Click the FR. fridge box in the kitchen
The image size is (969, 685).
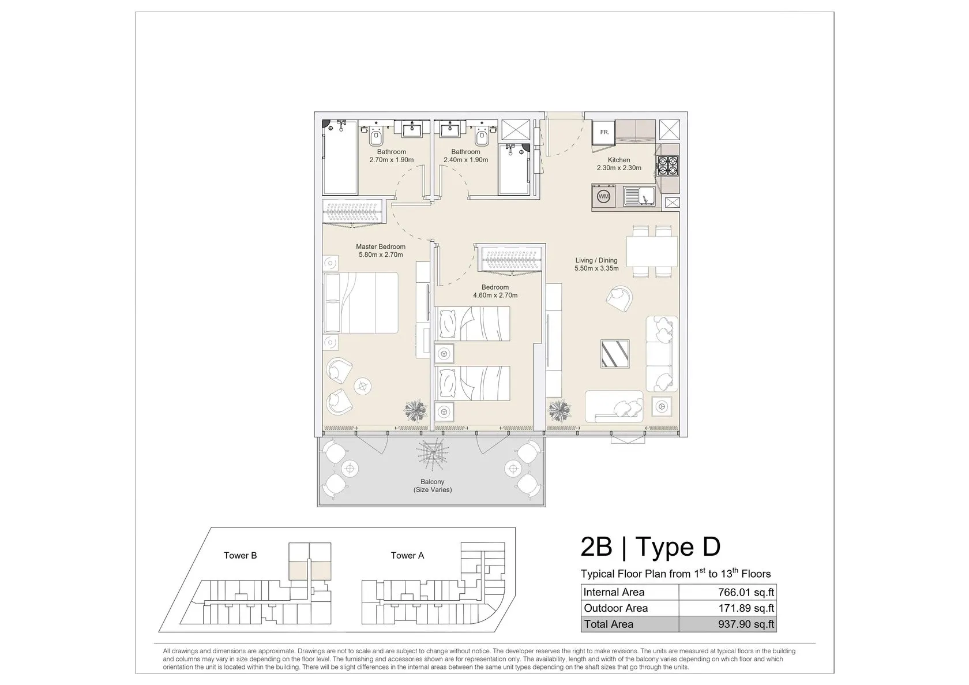coord(604,132)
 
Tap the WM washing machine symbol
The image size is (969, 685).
coord(603,196)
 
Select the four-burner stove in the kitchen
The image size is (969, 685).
coord(668,166)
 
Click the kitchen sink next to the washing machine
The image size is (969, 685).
coord(639,196)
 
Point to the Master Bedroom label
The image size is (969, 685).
coord(381,246)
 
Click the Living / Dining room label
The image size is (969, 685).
coord(596,260)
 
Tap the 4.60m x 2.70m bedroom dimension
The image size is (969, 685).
coord(495,295)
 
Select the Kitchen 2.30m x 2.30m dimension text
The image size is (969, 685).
coord(619,167)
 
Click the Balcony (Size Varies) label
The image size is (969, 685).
coord(433,485)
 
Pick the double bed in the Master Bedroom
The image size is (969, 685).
coord(360,303)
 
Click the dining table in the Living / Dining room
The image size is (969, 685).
coord(652,252)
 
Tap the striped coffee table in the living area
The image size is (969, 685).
coord(615,354)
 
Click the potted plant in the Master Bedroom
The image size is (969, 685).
coord(415,410)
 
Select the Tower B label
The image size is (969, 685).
coord(240,555)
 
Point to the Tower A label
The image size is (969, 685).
coord(407,555)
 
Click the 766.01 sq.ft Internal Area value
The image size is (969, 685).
coord(746,592)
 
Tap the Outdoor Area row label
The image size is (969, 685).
coord(615,608)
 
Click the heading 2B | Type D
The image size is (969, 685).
coord(651,546)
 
